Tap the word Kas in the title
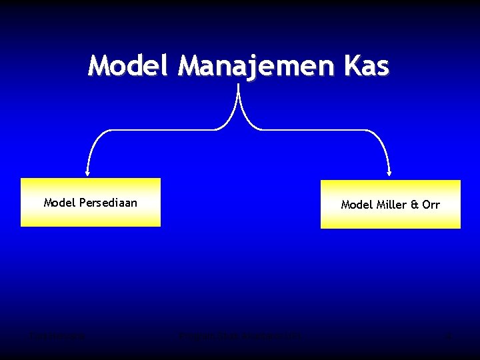(x=365, y=66)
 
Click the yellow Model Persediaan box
(x=91, y=203)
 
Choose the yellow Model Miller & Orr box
(x=390, y=204)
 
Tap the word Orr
(x=431, y=205)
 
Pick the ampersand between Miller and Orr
(x=415, y=205)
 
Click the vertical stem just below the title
(x=238, y=93)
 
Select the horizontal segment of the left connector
(x=160, y=130)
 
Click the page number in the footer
(x=448, y=337)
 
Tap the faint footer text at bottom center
(x=239, y=337)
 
